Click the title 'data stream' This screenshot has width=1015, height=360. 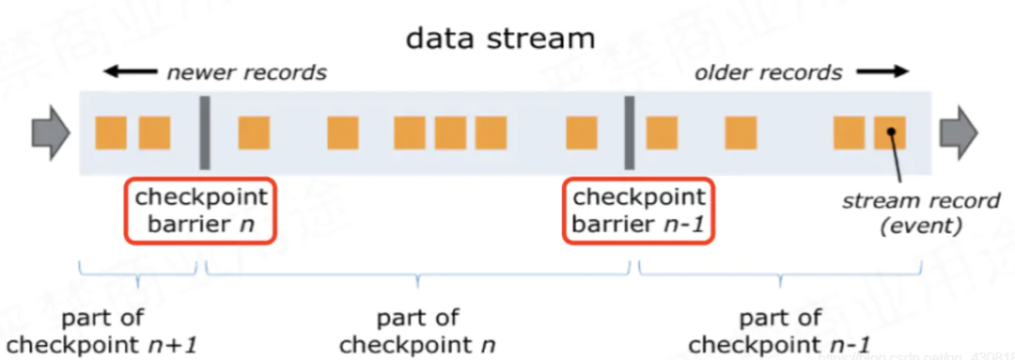500,39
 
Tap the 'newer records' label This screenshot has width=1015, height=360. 246,72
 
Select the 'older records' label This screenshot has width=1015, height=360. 768,72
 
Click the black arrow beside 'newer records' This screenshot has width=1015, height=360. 130,71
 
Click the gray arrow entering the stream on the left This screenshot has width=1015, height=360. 50,132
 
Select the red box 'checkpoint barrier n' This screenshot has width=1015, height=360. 201,211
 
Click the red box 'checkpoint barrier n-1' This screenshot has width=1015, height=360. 638,211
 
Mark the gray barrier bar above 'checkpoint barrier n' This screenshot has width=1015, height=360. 204,132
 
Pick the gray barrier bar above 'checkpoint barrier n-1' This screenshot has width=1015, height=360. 630,132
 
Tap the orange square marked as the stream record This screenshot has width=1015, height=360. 889,133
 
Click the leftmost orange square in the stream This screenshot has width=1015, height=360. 111,133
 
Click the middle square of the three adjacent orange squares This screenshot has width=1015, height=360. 450,133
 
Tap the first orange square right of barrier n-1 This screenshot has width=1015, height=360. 662,133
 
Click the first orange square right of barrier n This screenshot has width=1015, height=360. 254,133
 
